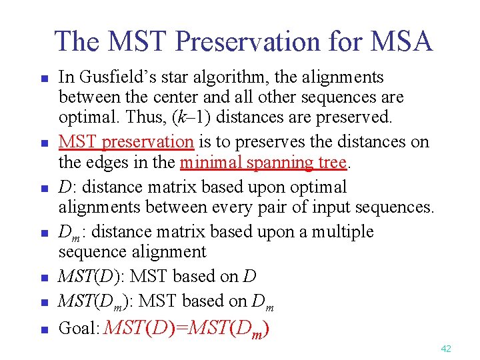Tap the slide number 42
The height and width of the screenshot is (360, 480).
point(446,349)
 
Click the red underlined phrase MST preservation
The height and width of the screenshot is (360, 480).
point(126,142)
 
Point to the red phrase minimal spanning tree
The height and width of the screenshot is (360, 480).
point(263,162)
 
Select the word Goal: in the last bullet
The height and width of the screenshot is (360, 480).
point(80,328)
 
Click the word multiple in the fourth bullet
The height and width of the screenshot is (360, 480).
point(343,232)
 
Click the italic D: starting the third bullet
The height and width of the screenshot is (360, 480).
point(65,187)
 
